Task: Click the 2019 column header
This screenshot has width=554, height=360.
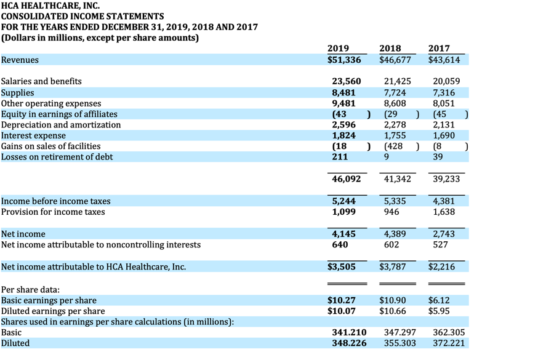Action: pyautogui.click(x=338, y=49)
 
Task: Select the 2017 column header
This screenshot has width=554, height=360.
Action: pyautogui.click(x=439, y=49)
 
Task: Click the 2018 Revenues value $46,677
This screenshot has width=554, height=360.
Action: pyautogui.click(x=395, y=60)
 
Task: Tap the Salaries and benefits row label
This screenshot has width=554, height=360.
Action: pyautogui.click(x=41, y=81)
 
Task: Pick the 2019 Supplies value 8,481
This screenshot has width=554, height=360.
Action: pyautogui.click(x=343, y=92)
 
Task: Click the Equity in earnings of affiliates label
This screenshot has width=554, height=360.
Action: pyautogui.click(x=59, y=114)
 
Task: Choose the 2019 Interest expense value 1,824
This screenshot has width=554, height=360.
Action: pyautogui.click(x=343, y=135)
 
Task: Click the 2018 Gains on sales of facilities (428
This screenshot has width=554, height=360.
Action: pyautogui.click(x=394, y=146)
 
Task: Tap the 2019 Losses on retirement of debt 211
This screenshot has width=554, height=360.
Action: pyautogui.click(x=340, y=157)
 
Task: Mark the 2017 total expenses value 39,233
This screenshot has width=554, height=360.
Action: pyautogui.click(x=446, y=179)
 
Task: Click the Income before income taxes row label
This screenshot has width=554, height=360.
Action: pyautogui.click(x=56, y=201)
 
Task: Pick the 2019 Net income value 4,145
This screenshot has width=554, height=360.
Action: pyautogui.click(x=343, y=234)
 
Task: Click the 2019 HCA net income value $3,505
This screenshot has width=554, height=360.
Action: pyautogui.click(x=342, y=266)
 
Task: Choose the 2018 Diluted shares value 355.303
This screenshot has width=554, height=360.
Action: pyautogui.click(x=399, y=343)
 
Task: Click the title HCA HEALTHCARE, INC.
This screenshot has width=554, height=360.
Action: pyautogui.click(x=50, y=6)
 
